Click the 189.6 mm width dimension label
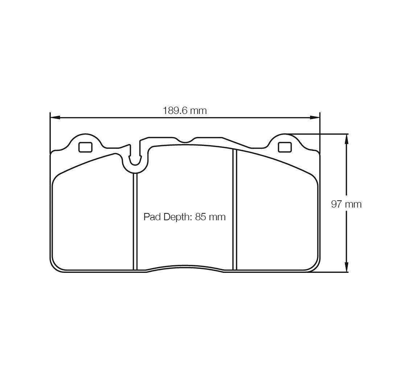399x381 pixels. coord(185,111)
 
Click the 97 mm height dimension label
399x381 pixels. coord(346,204)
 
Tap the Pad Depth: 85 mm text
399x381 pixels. coord(185,217)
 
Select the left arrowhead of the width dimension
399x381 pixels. coord(55,118)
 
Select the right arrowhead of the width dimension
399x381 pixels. coord(314,118)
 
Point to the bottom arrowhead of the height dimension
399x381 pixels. coord(346,267)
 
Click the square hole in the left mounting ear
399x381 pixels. coord(85,147)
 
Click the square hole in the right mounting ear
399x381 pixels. coord(284,147)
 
